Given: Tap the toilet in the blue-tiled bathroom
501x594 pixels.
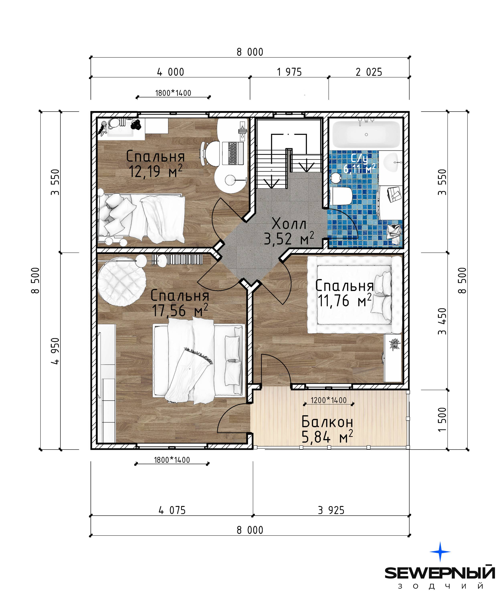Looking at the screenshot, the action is coord(341,196).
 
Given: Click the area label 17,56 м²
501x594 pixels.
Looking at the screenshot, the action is coord(180,310).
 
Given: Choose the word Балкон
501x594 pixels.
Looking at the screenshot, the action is coord(327,422).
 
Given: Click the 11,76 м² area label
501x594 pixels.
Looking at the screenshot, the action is coord(344,301).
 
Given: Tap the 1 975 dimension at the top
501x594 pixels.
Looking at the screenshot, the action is coord(289,72).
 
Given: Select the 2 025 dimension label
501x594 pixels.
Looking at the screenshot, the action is coord(369,72).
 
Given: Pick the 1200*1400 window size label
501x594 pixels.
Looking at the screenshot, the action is coord(329,400).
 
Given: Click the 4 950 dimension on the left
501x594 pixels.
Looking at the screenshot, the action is coord(56,351).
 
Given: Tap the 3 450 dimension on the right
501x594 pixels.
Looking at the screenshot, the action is coord(442,321).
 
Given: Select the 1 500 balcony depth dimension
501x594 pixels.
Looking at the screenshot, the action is coord(442,419).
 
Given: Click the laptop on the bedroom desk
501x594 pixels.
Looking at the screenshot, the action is coord(233,153).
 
